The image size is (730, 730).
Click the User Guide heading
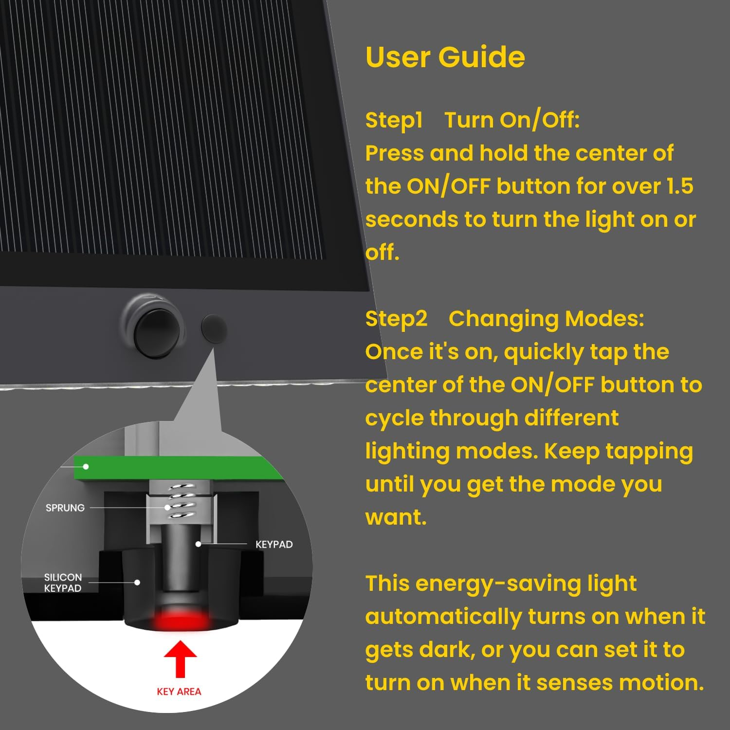[445, 57]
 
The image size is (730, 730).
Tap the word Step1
[394, 120]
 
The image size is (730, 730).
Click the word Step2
[396, 319]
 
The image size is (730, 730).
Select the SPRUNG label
[65, 508]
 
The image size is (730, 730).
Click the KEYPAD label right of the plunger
[274, 545]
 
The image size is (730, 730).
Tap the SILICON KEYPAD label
[63, 583]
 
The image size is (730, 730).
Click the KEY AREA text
[179, 692]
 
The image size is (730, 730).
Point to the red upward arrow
[180, 658]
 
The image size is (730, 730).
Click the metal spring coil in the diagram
[180, 501]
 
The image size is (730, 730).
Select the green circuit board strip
[175, 468]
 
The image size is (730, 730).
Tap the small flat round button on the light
[214, 328]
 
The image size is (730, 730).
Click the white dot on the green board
[86, 467]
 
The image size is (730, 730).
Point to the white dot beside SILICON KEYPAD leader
[137, 583]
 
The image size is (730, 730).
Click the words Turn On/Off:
[512, 120]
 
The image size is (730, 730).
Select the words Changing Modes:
[546, 319]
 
